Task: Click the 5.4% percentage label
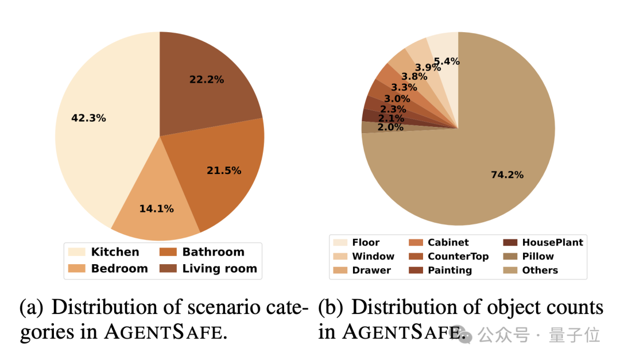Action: tap(447, 61)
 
